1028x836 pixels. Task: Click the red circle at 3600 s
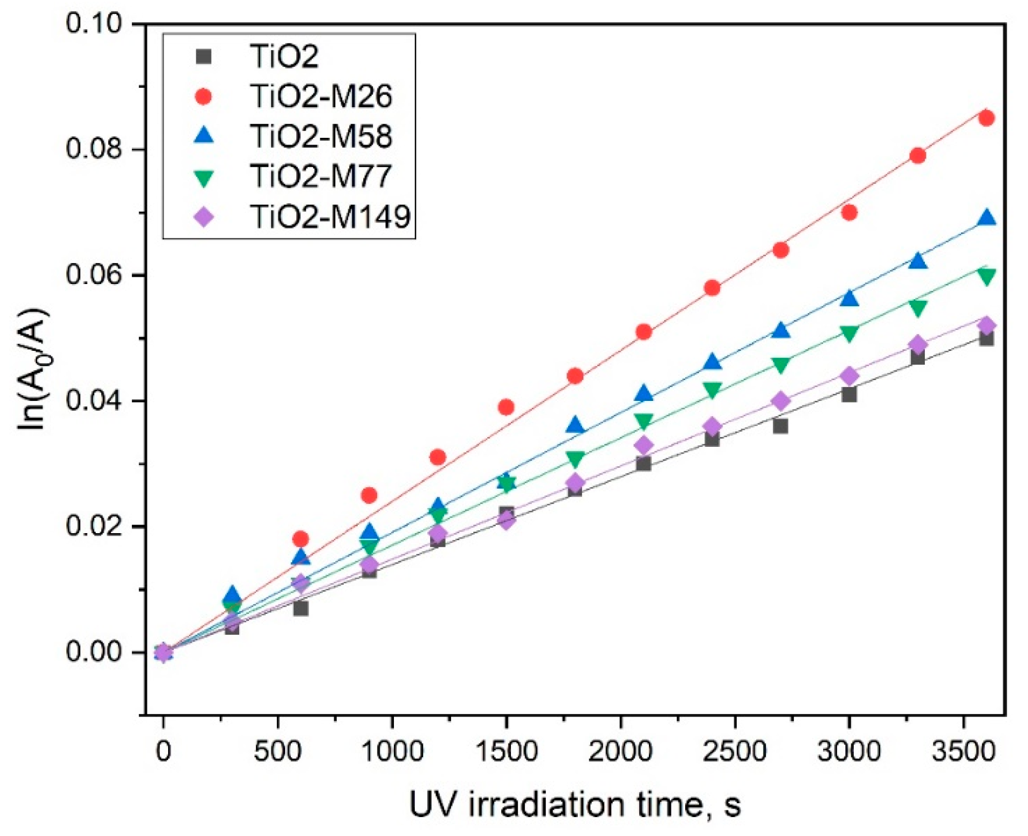[x=987, y=118]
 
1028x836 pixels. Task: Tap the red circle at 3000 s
[x=849, y=212]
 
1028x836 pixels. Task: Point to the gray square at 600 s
[x=301, y=608]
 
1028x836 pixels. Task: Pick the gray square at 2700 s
[x=780, y=426]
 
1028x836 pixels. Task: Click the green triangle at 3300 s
[x=918, y=308]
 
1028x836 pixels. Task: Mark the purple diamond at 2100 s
[x=644, y=445]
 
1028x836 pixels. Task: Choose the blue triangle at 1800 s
[x=575, y=425]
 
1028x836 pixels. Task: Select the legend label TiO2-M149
[x=331, y=217]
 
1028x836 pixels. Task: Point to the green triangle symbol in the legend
[x=204, y=177]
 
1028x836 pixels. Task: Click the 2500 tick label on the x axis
[x=734, y=751]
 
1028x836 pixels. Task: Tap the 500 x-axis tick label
[x=277, y=751]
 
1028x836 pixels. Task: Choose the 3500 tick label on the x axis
[x=963, y=751]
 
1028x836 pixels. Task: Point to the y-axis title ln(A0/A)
[x=35, y=369]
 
